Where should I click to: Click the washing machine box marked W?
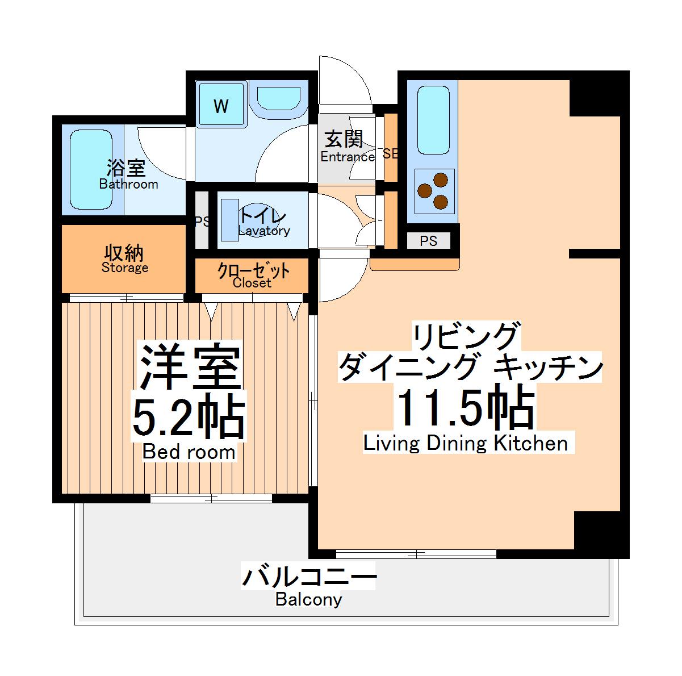pos(221,106)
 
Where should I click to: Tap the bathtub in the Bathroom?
pos(91,170)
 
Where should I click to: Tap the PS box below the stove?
pos(429,241)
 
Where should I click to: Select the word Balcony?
pos(309,599)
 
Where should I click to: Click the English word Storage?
pos(125,268)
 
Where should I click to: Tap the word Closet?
pos(252,283)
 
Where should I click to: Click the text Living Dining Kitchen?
pos(466,443)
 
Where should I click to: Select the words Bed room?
pos(189,452)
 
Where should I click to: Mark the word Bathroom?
pos(128,184)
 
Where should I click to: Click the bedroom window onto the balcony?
pos(211,499)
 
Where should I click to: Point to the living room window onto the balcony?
pos(416,553)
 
